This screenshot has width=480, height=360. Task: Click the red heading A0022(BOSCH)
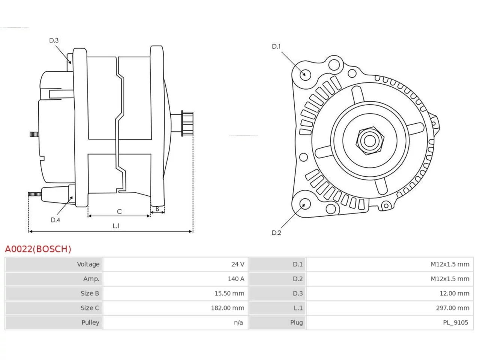pos(38,249)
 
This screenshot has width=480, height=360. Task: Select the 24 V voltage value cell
pos(237,264)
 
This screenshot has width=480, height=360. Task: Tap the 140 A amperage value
pos(236,279)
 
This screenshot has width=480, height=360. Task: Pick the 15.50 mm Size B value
pos(229,293)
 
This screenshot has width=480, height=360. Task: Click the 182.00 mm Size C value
pos(227,308)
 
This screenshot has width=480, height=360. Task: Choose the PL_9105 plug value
pos(456,322)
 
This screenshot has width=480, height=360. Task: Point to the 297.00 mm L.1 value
pos(453,308)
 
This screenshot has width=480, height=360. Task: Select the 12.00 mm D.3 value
pos(454,293)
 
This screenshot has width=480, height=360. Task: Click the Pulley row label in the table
pos(90,322)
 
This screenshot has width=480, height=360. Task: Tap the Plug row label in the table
pos(296,322)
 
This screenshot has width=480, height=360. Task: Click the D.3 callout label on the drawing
pos(54,40)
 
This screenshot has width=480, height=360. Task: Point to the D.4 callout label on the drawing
pos(55,220)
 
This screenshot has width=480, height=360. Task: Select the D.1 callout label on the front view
pos(276,46)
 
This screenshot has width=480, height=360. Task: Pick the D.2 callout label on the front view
pos(276,233)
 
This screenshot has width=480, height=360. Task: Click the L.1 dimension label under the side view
pos(116,226)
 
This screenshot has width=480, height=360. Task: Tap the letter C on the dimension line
pos(119,211)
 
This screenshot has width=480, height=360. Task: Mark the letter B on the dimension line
pos(157,209)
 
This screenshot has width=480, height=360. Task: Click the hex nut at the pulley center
pos(370,141)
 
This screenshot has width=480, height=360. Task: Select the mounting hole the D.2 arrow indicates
pos(304,204)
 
